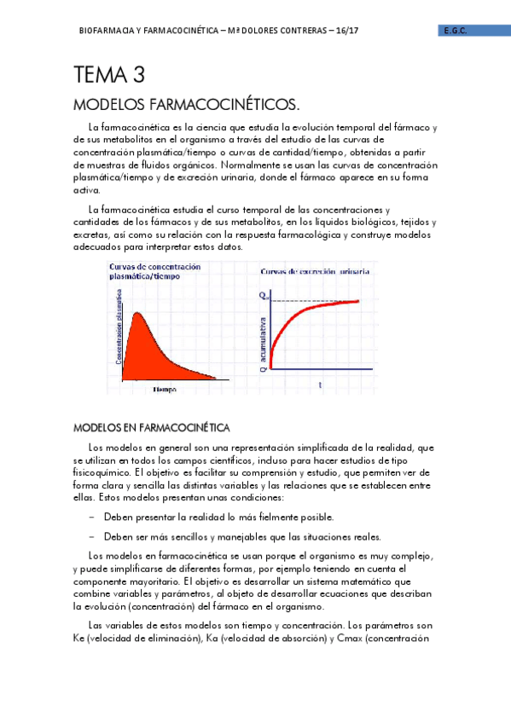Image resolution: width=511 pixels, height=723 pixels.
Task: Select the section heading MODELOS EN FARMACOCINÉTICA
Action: pos(153,426)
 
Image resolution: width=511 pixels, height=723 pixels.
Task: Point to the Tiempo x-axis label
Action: pos(165,389)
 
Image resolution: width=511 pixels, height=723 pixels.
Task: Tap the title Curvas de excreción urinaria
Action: pos(314,271)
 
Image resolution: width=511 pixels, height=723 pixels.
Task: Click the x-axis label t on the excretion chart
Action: pos(320,385)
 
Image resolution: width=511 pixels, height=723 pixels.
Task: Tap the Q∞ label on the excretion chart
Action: pos(264,296)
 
